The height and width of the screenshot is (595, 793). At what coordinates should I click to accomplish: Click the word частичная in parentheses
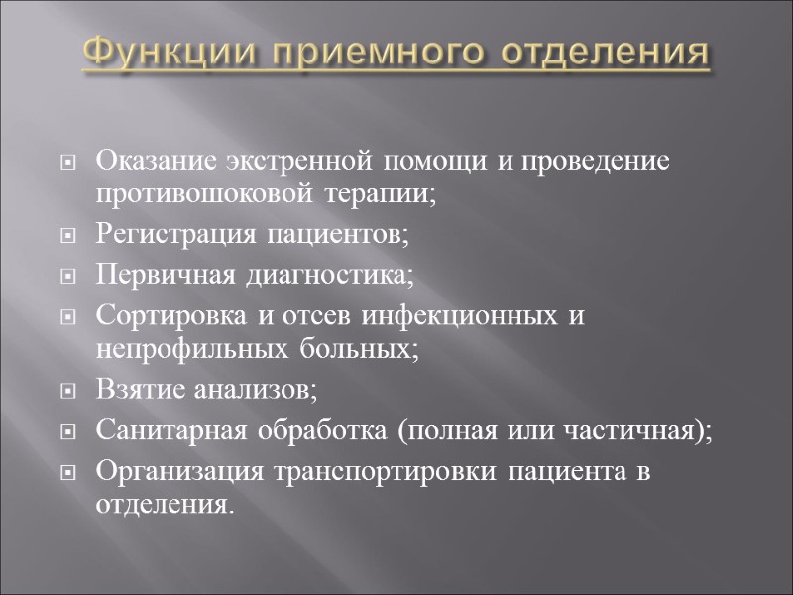pyautogui.click(x=642, y=429)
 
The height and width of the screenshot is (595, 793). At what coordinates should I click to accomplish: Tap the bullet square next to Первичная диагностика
pyautogui.click(x=68, y=276)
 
